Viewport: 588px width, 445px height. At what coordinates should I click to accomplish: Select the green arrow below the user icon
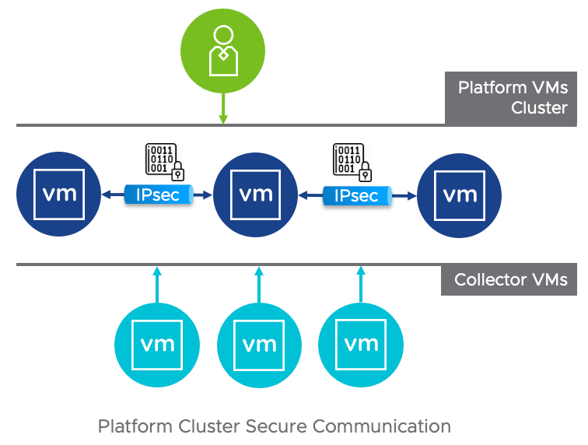(x=223, y=105)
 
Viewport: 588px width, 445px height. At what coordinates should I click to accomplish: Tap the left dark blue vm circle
(x=59, y=193)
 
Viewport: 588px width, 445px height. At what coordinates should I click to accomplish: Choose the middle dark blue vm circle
(x=256, y=193)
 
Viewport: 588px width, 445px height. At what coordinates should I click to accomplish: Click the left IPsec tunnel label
(x=158, y=195)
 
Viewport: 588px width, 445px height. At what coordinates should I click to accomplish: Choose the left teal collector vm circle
(x=157, y=342)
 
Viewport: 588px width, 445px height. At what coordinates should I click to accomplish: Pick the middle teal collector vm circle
(x=258, y=342)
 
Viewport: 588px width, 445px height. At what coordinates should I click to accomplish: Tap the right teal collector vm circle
(x=361, y=342)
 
